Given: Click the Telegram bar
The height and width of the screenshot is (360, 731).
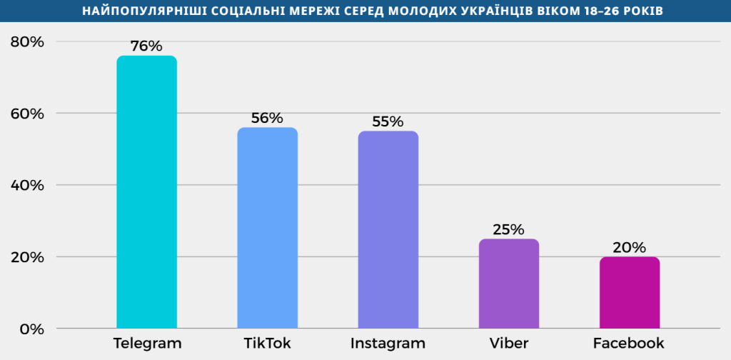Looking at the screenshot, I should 146,192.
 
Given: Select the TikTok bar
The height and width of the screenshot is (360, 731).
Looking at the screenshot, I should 267,228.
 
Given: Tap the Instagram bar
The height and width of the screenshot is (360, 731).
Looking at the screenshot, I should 388,229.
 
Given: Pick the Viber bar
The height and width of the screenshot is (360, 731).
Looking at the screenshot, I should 508,284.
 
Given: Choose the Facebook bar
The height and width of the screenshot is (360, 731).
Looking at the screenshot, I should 629,292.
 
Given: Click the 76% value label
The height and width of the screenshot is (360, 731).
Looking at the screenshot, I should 147,46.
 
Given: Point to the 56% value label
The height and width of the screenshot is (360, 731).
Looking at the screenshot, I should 267,119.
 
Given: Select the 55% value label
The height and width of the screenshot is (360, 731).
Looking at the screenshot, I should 388,122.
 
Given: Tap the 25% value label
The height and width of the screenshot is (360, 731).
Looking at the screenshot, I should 508,230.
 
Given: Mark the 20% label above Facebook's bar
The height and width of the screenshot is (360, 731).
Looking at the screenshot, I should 629,248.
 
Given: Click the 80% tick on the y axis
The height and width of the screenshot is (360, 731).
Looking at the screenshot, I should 28,42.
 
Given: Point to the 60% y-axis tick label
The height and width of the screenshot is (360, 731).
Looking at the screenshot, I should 28,114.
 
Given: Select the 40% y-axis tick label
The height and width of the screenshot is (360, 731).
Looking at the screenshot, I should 28,185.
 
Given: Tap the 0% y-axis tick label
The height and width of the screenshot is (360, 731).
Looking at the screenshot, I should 32,329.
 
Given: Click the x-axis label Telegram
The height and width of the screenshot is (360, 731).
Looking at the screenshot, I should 147,344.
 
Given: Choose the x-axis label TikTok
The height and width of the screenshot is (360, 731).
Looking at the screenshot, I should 267,344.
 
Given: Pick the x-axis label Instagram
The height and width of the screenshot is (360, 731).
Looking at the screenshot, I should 388,344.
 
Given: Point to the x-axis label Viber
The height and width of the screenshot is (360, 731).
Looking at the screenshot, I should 508,344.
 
